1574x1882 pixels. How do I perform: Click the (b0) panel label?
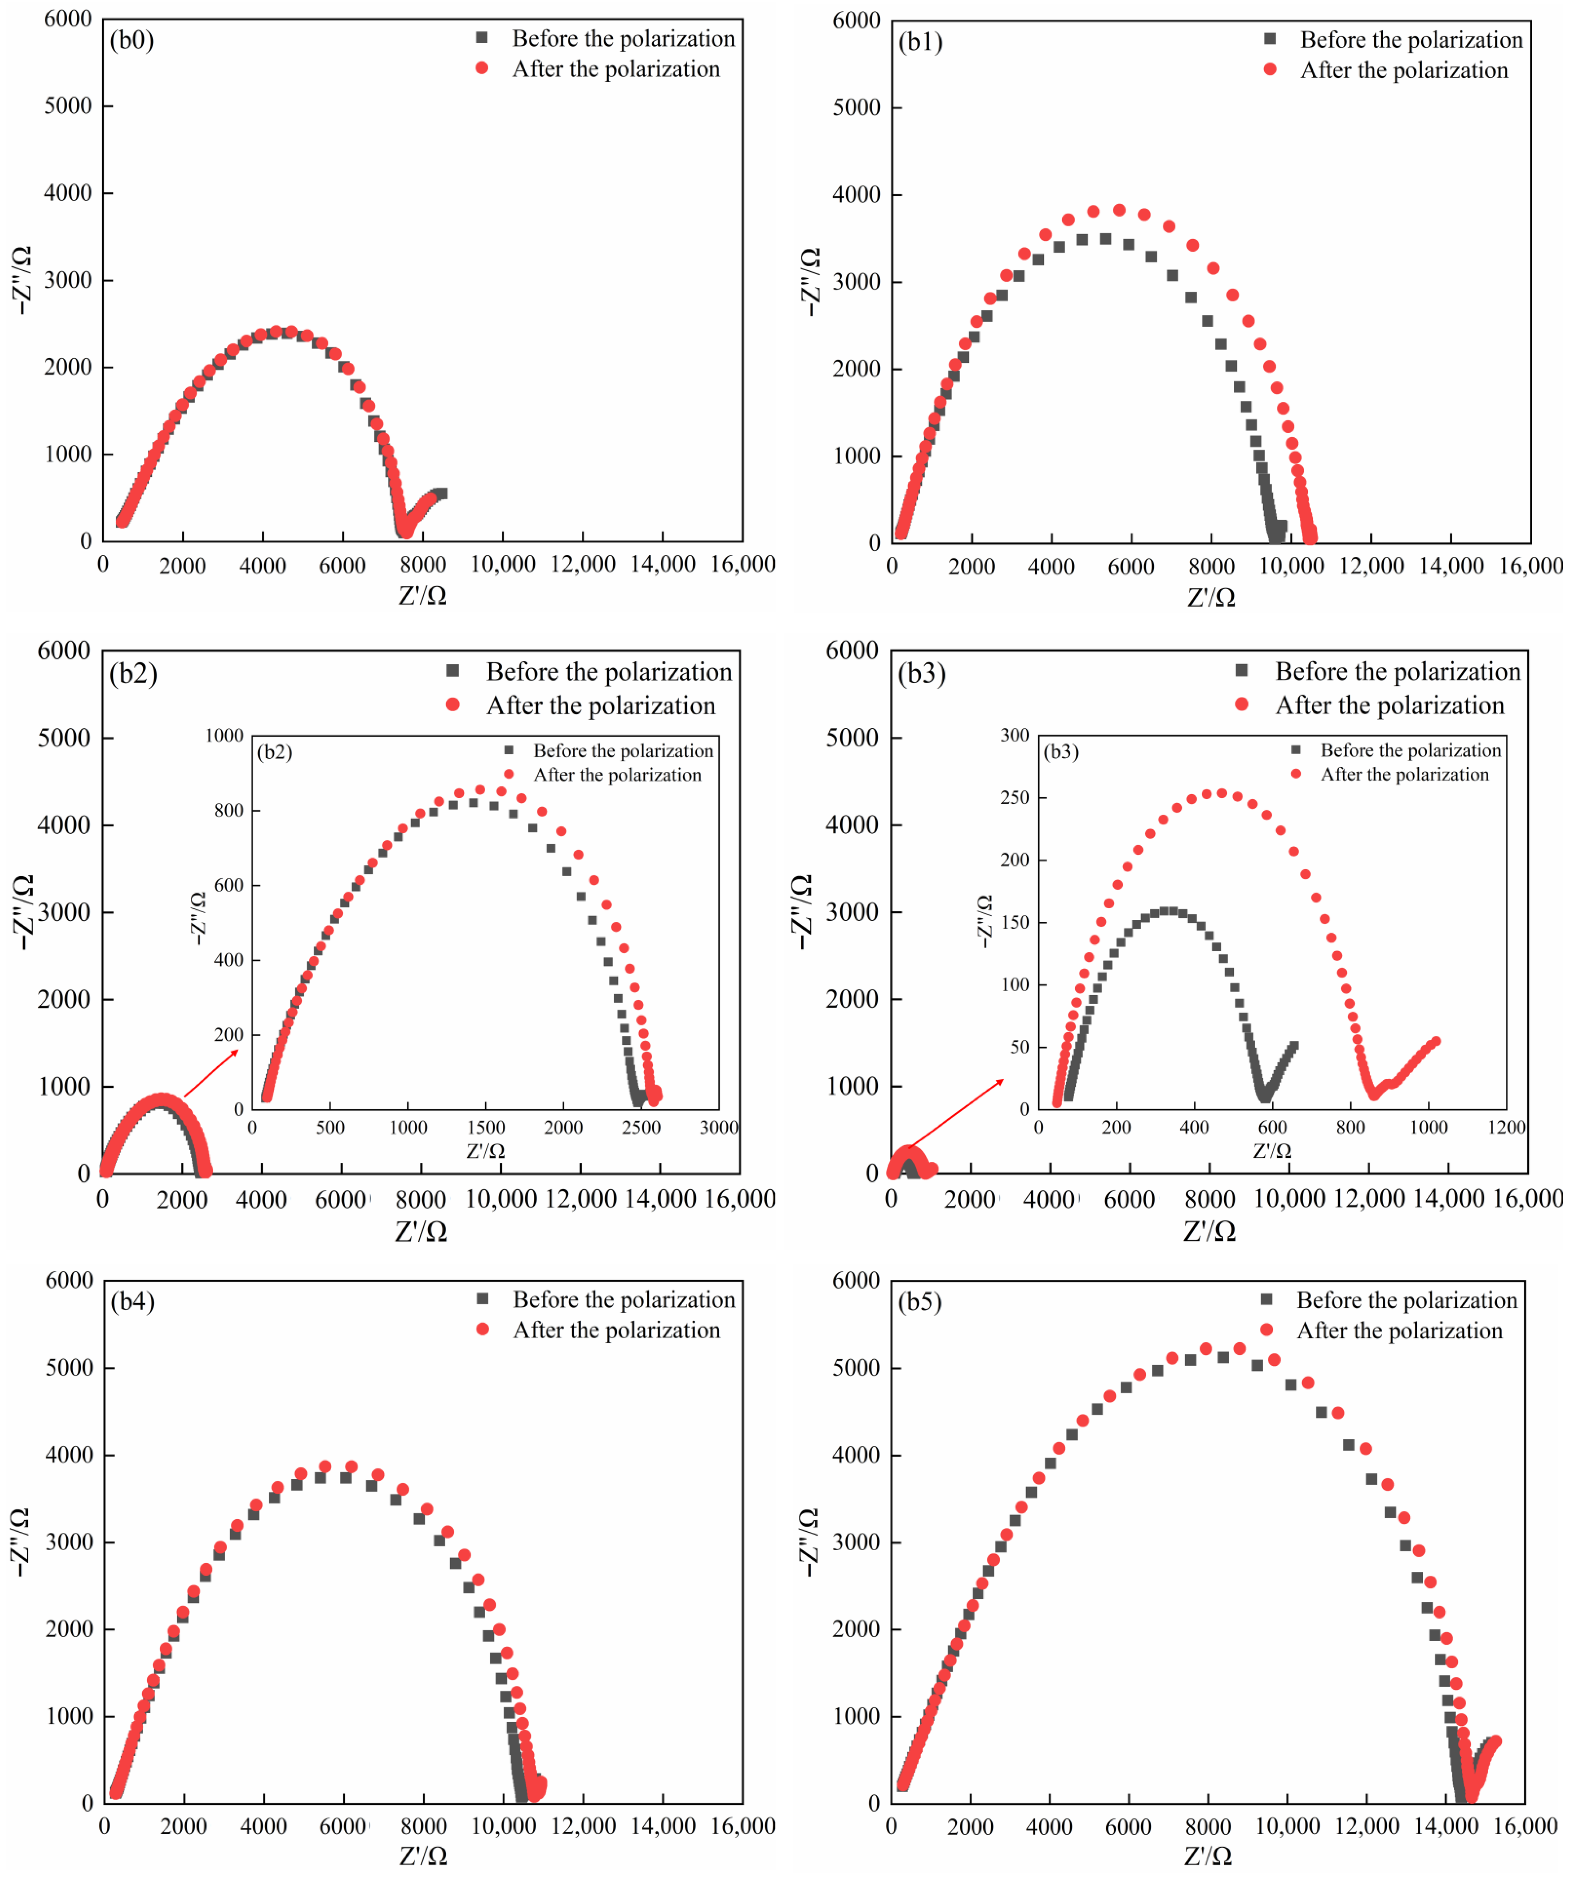click(x=132, y=40)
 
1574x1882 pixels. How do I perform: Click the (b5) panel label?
click(x=920, y=1301)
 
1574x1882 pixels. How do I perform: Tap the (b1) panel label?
click(x=920, y=42)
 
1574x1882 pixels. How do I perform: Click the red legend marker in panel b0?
click(x=482, y=68)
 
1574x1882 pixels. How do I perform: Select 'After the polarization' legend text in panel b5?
click(x=1399, y=1331)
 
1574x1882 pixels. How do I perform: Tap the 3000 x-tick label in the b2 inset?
click(x=719, y=1127)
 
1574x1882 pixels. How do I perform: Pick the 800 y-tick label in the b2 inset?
click(x=228, y=810)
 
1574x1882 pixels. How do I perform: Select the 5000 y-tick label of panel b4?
click(x=69, y=1368)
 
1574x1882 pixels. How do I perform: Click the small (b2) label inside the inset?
click(x=275, y=752)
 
